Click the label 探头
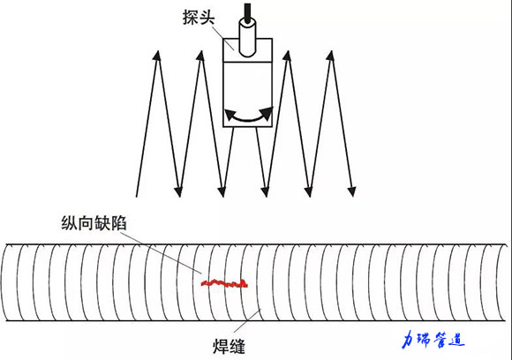tap(199, 17)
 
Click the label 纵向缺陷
tap(94, 223)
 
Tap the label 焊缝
tap(229, 346)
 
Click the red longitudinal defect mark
tap(224, 283)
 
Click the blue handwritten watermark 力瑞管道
tap(433, 340)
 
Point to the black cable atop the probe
tap(247, 13)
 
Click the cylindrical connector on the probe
tap(247, 38)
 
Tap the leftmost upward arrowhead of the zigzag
tap(157, 56)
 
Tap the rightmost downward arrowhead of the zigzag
tap(351, 192)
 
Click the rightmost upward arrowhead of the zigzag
tap(331, 56)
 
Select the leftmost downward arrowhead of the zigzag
tap(178, 192)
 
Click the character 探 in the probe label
tap(191, 17)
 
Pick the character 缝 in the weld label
tap(237, 346)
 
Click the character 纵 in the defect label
tap(69, 223)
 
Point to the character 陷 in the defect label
tap(118, 223)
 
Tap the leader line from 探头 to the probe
tap(223, 38)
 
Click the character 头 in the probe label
tap(207, 17)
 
